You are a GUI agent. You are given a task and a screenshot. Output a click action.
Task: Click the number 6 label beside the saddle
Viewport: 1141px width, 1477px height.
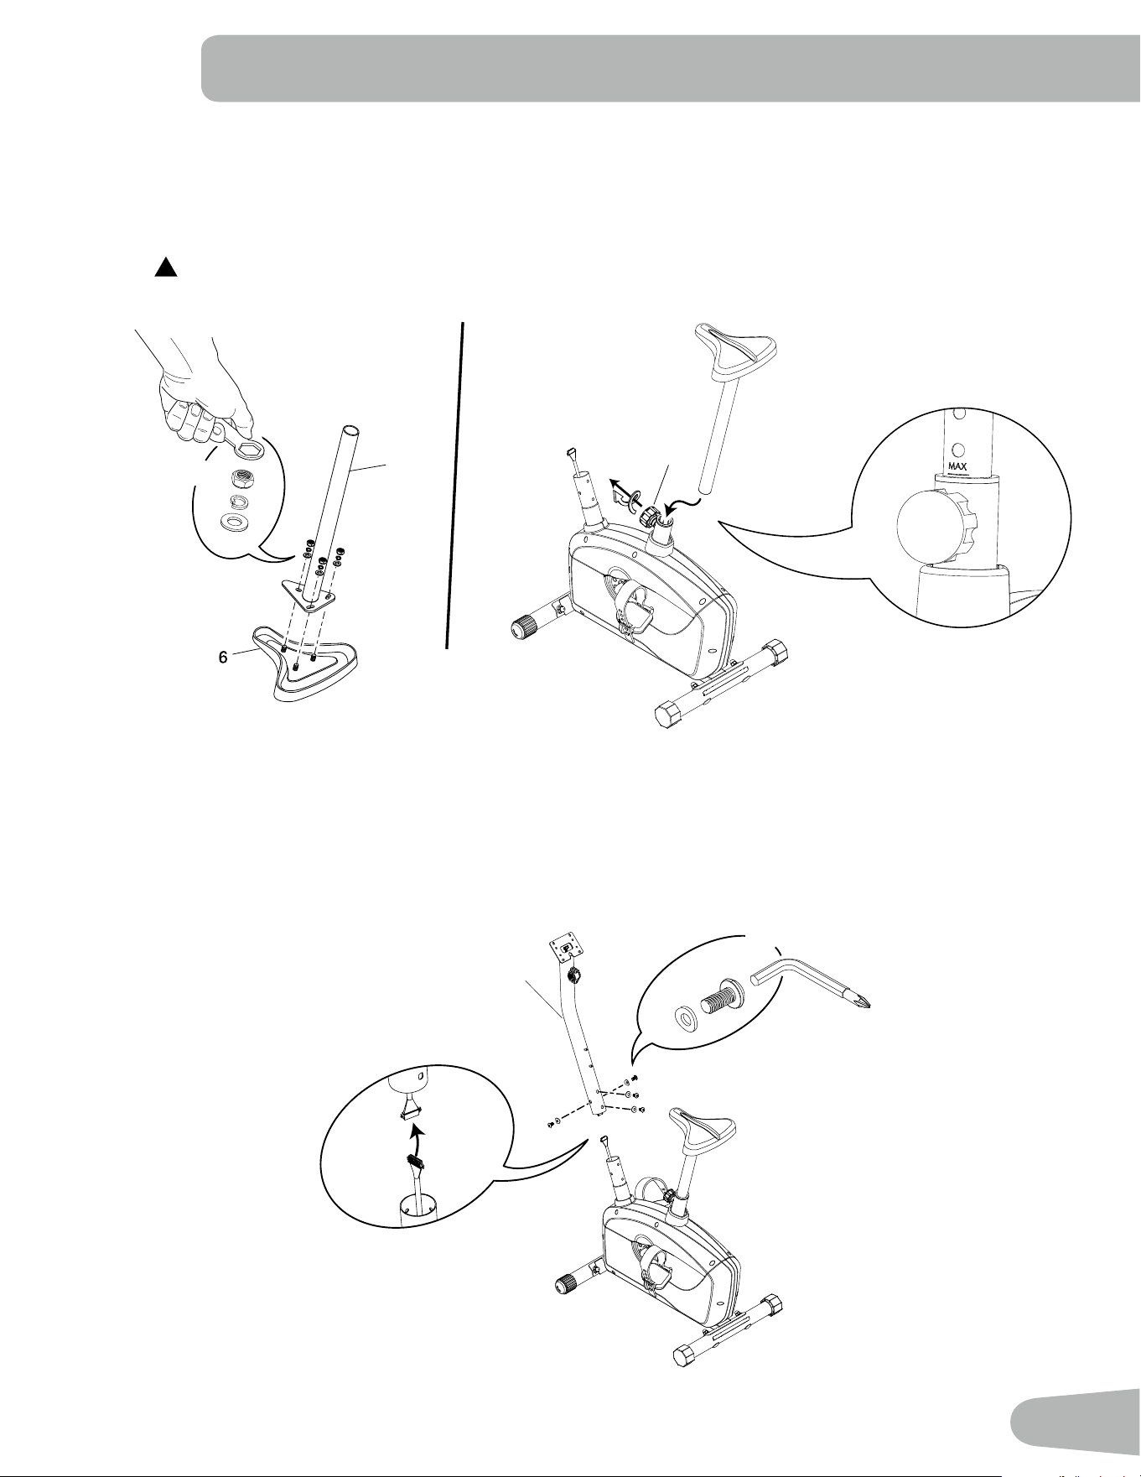coord(223,658)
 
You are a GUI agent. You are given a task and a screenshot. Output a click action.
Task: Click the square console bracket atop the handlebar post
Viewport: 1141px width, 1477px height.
coord(567,949)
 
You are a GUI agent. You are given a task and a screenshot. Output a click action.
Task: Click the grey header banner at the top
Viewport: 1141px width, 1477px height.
coord(671,68)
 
